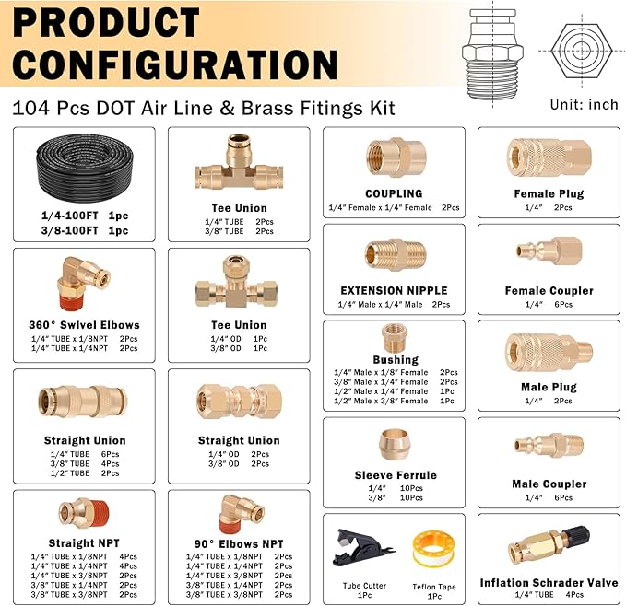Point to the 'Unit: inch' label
(x=584, y=104)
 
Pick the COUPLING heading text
(x=394, y=194)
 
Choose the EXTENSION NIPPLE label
(x=394, y=291)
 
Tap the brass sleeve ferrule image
(x=395, y=444)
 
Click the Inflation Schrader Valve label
(x=549, y=583)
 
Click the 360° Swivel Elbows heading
(x=84, y=325)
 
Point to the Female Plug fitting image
(x=548, y=157)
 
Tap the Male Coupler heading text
(x=549, y=484)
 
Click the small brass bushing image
(x=395, y=336)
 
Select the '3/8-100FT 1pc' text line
(x=84, y=230)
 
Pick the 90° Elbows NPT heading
(x=239, y=544)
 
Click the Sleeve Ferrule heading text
(x=395, y=475)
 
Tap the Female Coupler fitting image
(x=548, y=252)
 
